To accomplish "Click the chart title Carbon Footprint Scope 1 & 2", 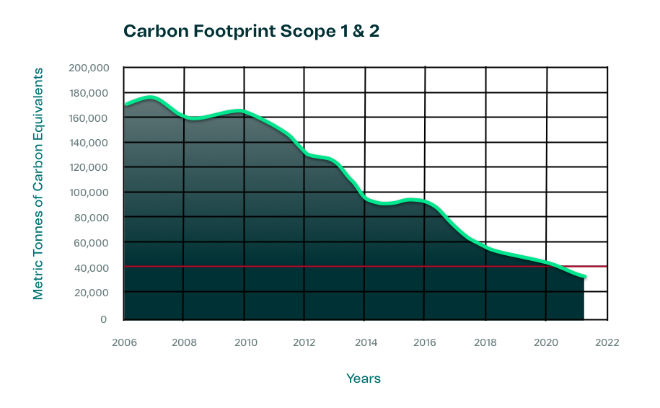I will (x=250, y=31).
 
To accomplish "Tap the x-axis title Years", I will (x=363, y=378).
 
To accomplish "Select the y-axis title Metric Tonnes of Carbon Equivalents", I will (x=39, y=184).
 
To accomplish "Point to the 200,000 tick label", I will (x=89, y=68).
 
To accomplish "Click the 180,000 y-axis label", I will (x=89, y=94).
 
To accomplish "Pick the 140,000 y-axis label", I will (x=89, y=143).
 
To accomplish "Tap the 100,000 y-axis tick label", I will (x=89, y=193).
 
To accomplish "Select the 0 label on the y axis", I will (x=104, y=319).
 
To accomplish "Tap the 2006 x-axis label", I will (x=123, y=342).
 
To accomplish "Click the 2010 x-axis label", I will (x=245, y=342).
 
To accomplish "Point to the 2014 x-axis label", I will (x=365, y=342).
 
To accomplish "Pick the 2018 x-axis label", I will (x=486, y=342).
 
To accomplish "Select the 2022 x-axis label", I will (x=607, y=342).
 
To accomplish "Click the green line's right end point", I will (x=584, y=277).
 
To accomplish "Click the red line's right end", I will (x=606, y=267).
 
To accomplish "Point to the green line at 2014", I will (x=365, y=198).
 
